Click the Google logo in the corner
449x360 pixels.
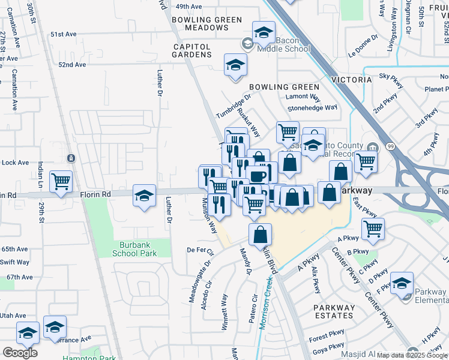click(x=19, y=352)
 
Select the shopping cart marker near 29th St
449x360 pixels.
click(x=61, y=182)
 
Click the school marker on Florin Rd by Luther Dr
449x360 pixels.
click(x=144, y=196)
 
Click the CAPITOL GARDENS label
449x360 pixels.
click(x=192, y=50)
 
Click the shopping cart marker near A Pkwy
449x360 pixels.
click(x=373, y=229)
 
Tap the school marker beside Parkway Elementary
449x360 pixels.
click(x=403, y=283)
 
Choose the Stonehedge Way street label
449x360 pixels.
click(x=312, y=108)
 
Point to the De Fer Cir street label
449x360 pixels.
click(x=200, y=250)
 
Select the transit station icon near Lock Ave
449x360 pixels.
click(x=71, y=158)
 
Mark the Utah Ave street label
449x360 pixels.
click(x=13, y=315)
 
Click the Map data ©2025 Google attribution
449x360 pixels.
click(x=412, y=355)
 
